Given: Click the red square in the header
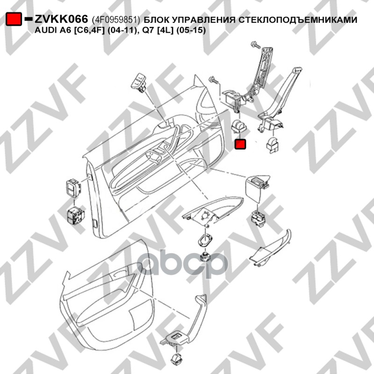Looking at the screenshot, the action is (x=14, y=19).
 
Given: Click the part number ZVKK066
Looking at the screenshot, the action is (x=62, y=19).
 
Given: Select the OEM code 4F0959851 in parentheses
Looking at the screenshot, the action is (x=116, y=20).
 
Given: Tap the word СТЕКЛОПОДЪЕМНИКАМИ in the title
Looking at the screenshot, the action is (x=298, y=20).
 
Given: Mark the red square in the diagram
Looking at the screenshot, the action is (x=240, y=144).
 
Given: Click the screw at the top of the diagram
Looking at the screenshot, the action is (x=256, y=45).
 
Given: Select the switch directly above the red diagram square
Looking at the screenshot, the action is (x=238, y=126).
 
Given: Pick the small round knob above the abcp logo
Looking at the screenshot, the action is (x=205, y=257).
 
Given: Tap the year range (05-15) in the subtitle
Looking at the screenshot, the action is (x=191, y=30).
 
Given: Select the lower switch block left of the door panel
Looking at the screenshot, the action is (x=75, y=216).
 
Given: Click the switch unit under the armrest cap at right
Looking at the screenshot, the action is (x=258, y=219).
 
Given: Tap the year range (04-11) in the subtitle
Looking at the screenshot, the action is (x=121, y=30).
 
